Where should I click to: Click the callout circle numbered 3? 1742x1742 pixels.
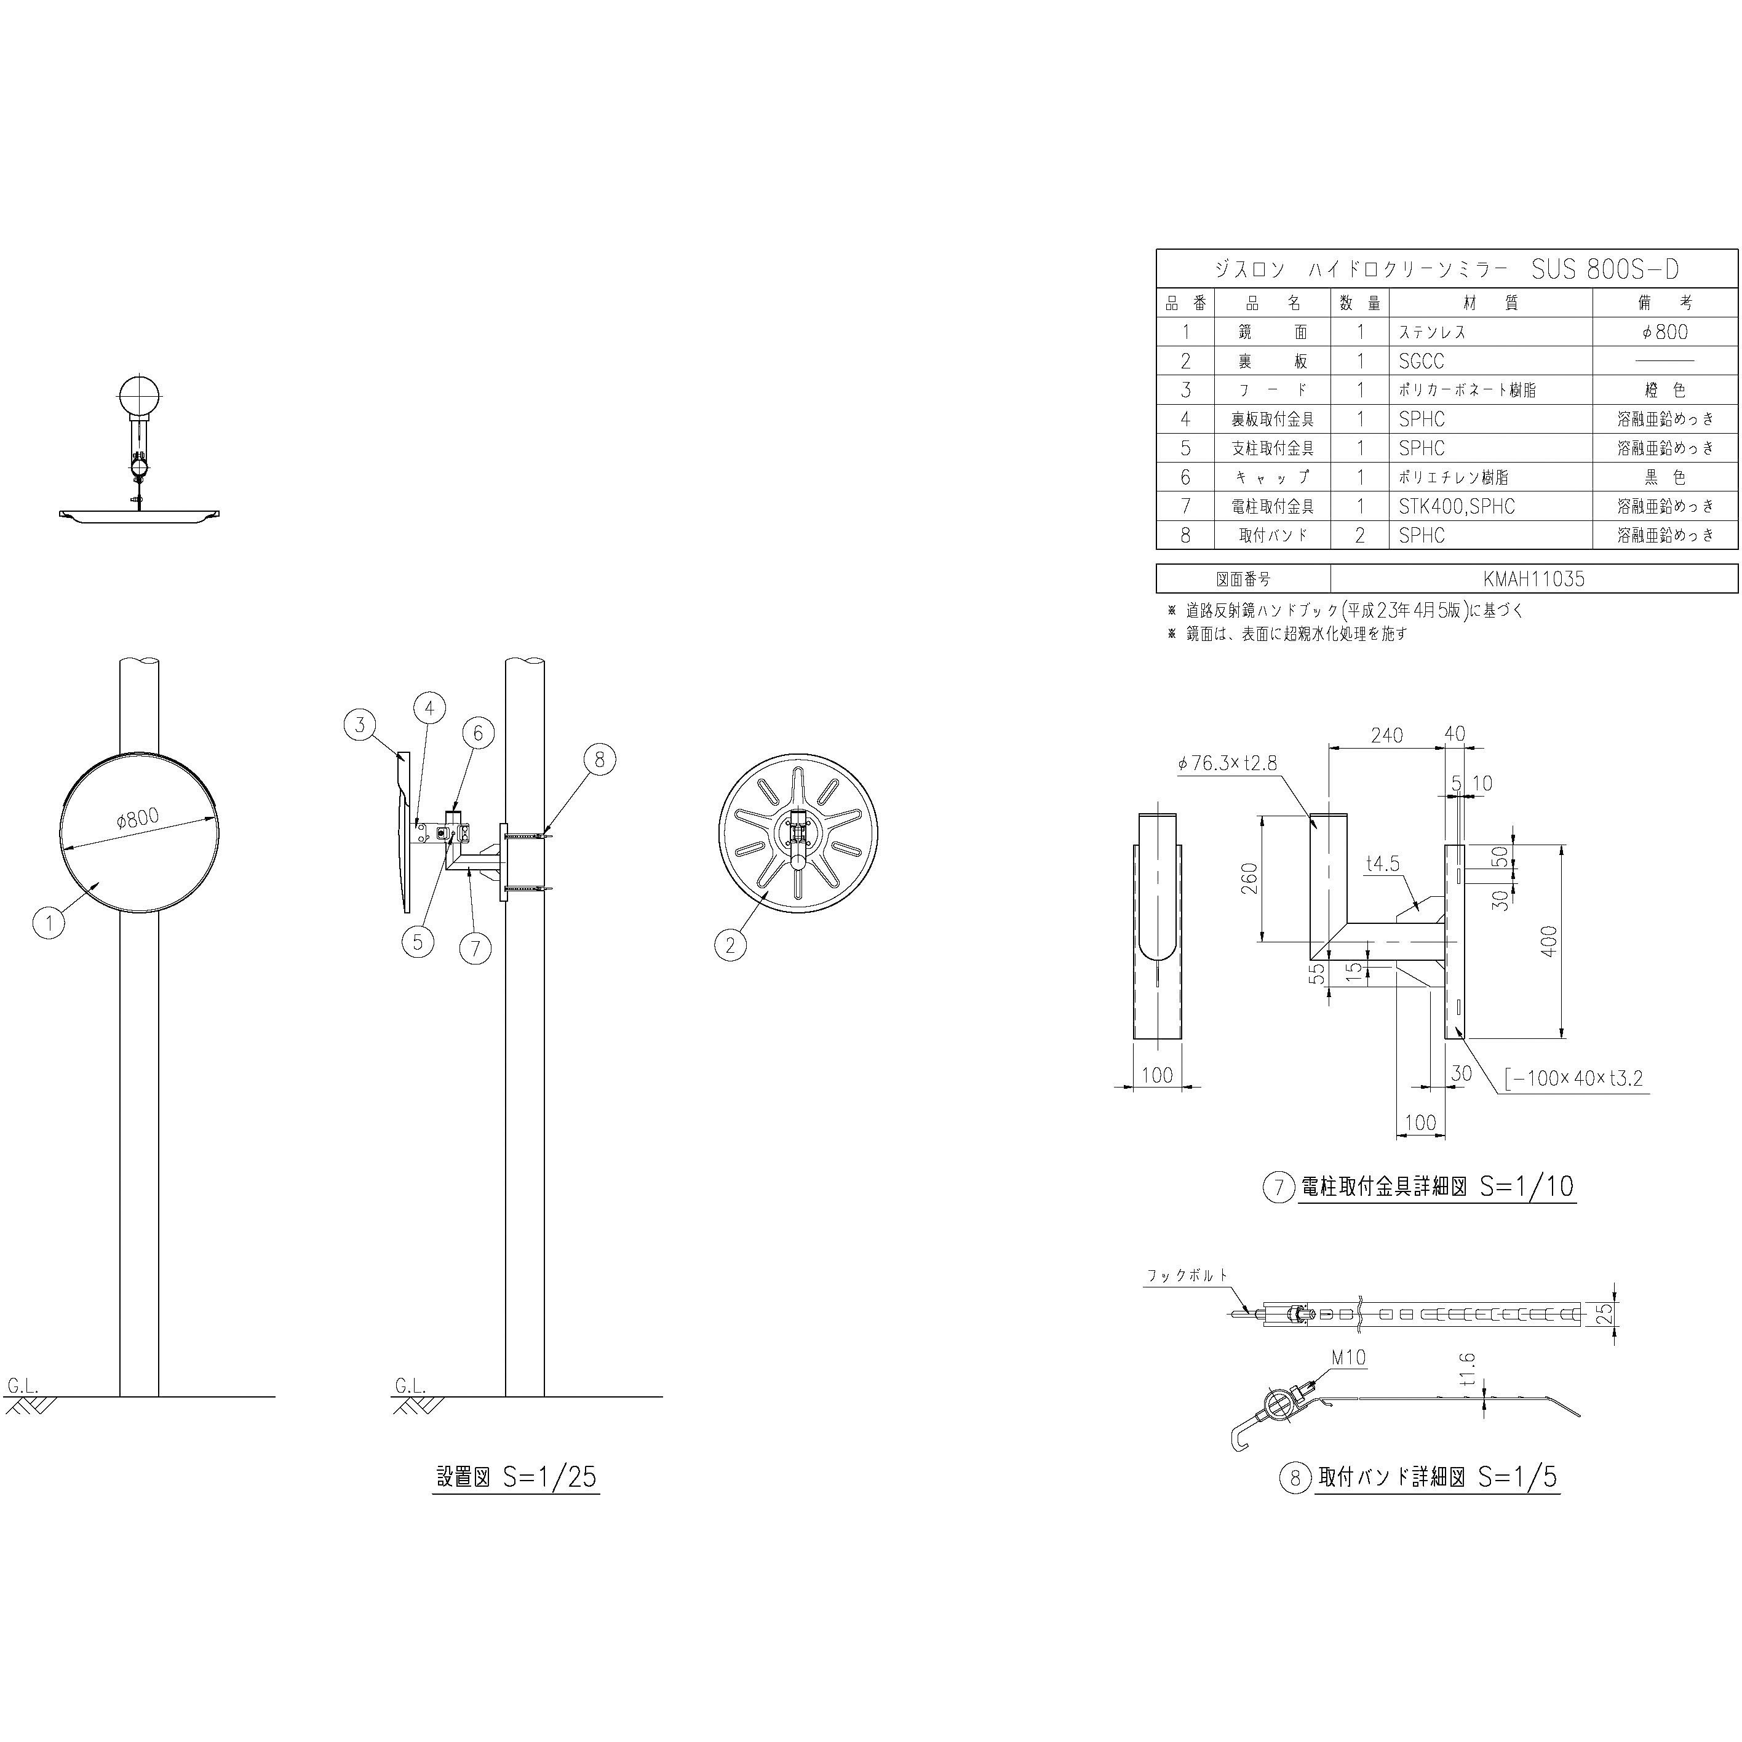[x=360, y=725]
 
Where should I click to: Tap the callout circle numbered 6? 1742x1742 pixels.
[x=478, y=734]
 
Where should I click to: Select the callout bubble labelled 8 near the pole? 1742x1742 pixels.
[x=600, y=760]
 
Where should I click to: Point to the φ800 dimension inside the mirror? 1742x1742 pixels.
[x=138, y=819]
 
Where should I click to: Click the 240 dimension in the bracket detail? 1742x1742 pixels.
[x=1386, y=735]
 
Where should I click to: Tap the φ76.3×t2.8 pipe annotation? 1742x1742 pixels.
[x=1227, y=763]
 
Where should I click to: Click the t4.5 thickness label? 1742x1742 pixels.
[x=1382, y=864]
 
